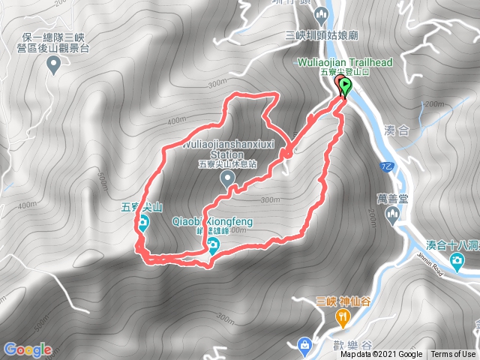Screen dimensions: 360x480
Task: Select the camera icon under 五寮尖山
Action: [x=142, y=222]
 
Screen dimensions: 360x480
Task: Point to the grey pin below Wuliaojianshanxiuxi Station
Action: [x=230, y=178]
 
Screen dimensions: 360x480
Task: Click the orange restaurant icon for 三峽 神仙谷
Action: [x=342, y=319]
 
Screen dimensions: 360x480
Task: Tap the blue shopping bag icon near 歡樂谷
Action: [x=304, y=345]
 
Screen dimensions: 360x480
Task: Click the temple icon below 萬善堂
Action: [x=391, y=217]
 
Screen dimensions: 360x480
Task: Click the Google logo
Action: [x=28, y=349]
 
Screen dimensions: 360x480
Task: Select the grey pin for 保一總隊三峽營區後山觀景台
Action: [x=54, y=66]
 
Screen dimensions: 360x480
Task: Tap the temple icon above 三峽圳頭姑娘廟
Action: [x=320, y=16]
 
